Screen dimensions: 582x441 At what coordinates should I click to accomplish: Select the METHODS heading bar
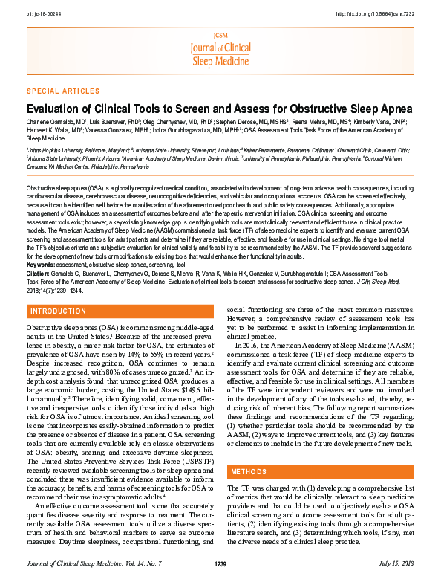[249, 472]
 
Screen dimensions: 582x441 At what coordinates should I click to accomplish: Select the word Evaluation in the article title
[53, 107]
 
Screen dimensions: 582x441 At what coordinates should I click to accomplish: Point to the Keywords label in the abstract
[40, 244]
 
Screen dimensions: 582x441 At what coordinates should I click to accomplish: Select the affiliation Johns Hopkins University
[56, 149]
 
